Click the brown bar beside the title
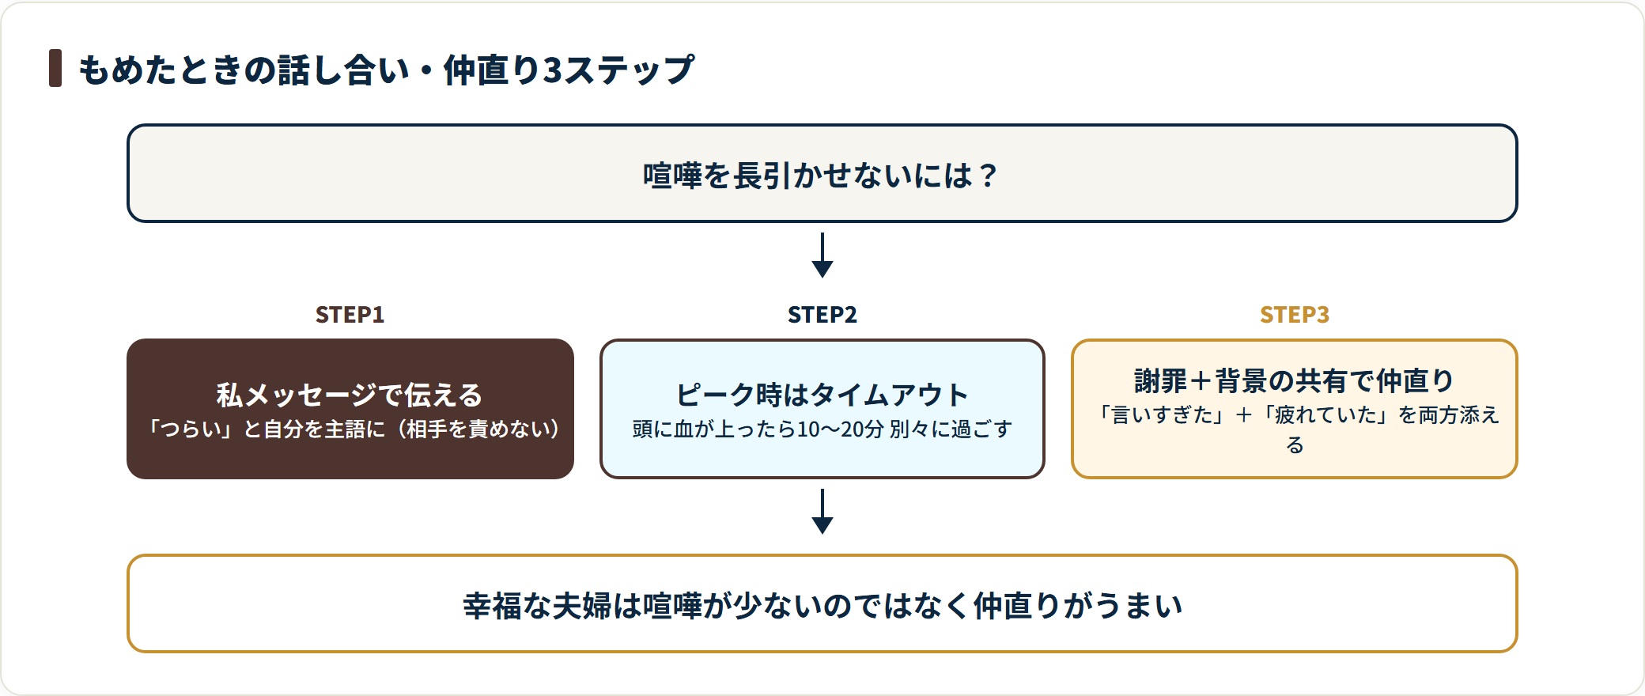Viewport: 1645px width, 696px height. pos(55,68)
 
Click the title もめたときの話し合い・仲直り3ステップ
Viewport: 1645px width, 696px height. pos(387,70)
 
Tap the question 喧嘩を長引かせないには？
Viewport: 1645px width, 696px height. pos(822,175)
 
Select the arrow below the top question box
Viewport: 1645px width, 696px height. pos(822,255)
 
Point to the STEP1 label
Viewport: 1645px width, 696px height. pos(350,315)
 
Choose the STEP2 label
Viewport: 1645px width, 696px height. pos(822,315)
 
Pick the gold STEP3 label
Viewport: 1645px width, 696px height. pos(1295,315)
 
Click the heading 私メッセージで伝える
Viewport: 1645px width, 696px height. pos(350,395)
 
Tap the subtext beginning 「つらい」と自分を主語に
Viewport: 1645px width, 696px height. pos(350,429)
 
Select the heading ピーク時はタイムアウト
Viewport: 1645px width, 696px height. pos(822,395)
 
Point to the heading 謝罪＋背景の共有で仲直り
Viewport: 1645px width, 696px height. pos(1295,380)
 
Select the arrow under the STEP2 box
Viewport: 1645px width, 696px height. pos(822,511)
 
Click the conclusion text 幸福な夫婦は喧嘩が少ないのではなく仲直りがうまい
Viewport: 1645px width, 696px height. pos(822,605)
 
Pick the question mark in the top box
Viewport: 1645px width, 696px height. pos(988,175)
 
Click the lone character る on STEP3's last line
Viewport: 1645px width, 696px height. pos(1295,444)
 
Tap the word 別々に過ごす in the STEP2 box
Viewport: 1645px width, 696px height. pos(951,429)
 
